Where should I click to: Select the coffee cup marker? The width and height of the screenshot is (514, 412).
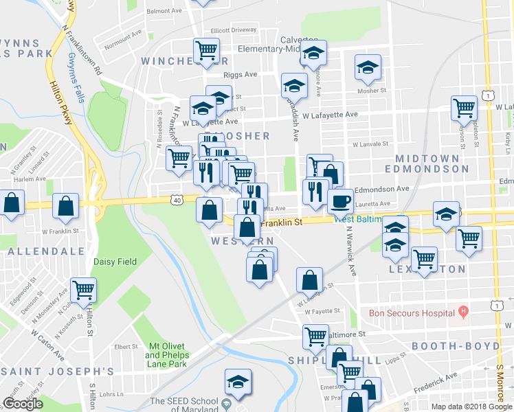(x=340, y=202)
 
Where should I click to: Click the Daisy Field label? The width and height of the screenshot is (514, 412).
(x=115, y=262)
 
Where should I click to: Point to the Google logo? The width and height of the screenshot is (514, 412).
(x=23, y=404)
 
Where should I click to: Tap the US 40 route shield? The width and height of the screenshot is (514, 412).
(x=177, y=200)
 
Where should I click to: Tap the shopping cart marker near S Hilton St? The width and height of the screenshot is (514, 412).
(x=83, y=290)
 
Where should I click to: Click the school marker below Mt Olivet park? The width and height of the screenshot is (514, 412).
(x=238, y=382)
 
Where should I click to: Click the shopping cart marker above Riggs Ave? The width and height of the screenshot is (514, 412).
(x=206, y=50)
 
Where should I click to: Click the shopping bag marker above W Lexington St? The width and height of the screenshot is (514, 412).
(x=309, y=280)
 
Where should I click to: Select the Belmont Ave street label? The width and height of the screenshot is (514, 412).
(x=164, y=11)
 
